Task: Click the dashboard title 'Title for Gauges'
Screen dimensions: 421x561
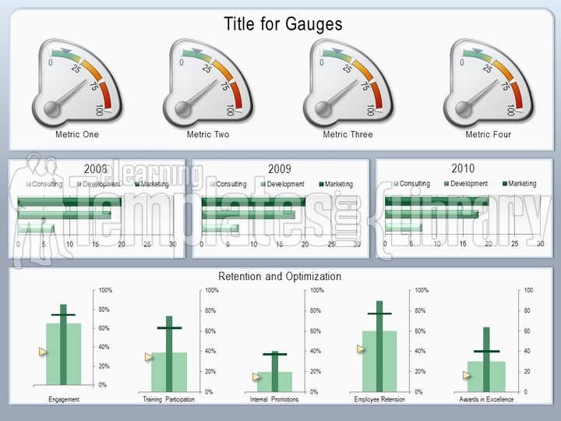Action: (283, 24)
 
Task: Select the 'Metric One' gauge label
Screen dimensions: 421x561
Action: (77, 134)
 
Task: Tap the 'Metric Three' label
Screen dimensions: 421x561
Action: (348, 134)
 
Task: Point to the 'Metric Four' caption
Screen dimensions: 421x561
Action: (489, 134)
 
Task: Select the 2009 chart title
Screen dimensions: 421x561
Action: (279, 168)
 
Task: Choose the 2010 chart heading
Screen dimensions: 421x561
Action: (463, 168)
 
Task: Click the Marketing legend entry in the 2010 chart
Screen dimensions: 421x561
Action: (517, 183)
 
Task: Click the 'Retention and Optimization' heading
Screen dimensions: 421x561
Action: (279, 276)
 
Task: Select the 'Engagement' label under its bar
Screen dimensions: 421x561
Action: (64, 399)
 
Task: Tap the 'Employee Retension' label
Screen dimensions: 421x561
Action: (379, 399)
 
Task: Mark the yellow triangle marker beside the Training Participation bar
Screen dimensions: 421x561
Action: (148, 357)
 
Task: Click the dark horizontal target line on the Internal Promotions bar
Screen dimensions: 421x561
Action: (274, 354)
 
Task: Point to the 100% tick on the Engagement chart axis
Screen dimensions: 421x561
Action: (104, 290)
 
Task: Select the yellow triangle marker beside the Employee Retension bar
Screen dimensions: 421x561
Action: (361, 348)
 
